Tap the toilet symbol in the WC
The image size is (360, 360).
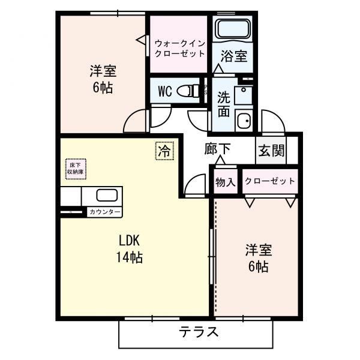click(188, 91)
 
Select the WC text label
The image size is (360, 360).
click(165, 91)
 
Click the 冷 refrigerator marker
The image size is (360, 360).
click(165, 151)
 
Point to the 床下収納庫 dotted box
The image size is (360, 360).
click(76, 169)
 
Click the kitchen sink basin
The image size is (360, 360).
click(107, 196)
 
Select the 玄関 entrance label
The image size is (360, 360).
click(272, 151)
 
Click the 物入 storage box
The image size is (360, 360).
click(226, 181)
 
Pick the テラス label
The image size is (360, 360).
click(199, 332)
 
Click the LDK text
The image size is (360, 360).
click(129, 241)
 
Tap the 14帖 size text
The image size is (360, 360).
click(130, 257)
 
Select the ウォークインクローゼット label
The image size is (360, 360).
click(179, 48)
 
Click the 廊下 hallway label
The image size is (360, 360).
click(217, 149)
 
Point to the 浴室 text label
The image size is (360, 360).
click(234, 56)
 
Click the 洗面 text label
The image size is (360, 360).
click(224, 104)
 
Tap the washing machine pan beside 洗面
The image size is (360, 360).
click(244, 119)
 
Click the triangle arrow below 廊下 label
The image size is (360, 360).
click(220, 160)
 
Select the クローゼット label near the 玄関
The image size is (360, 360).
click(270, 181)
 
